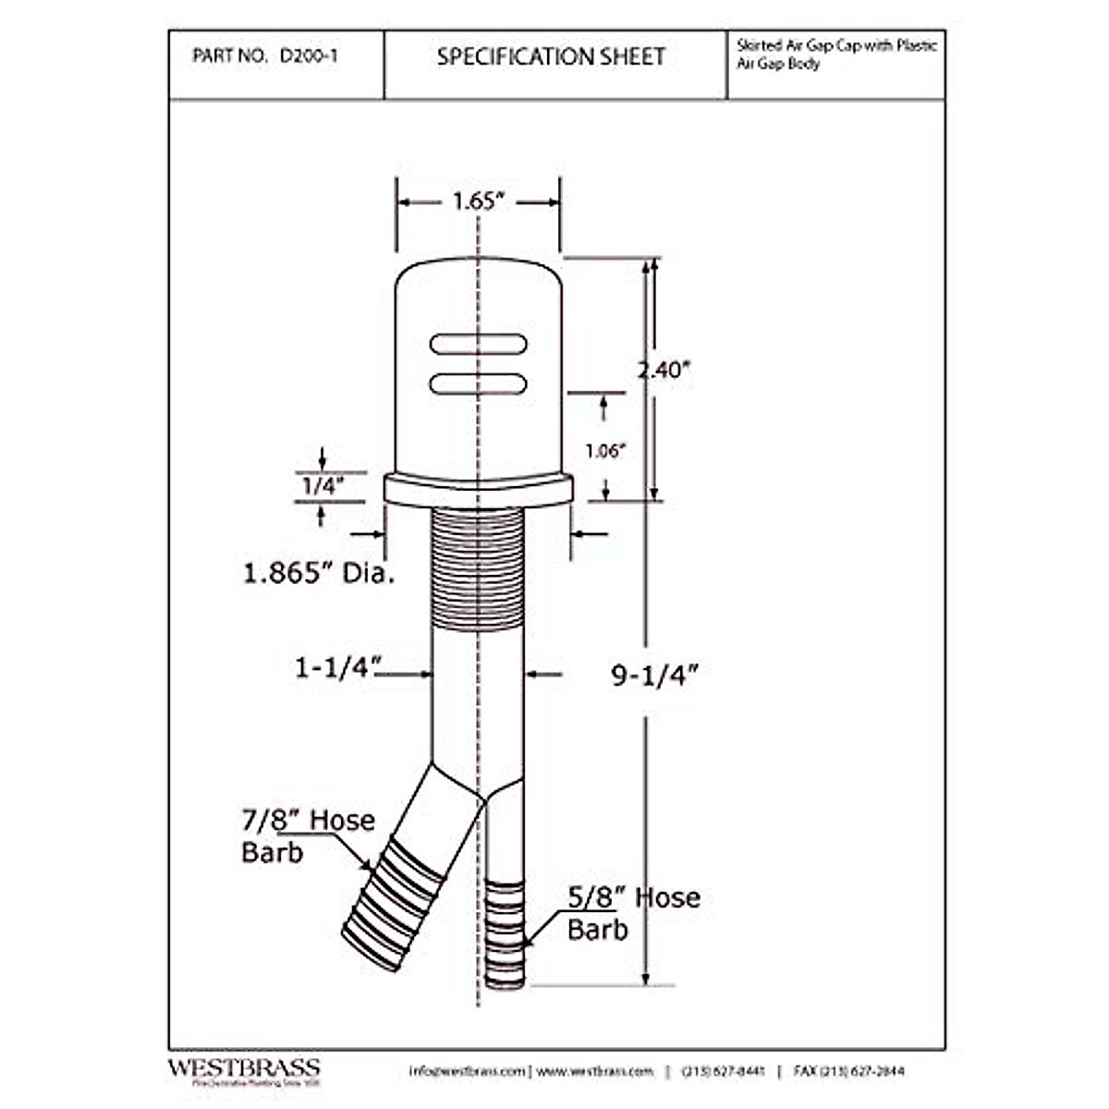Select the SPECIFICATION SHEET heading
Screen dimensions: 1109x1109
pos(551,57)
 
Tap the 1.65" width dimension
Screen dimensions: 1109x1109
pos(477,201)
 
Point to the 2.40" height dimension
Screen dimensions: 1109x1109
pos(664,370)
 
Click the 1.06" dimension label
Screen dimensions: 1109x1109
pos(606,451)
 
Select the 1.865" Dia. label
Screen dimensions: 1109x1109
pos(319,573)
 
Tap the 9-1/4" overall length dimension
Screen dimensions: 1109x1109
pos(652,676)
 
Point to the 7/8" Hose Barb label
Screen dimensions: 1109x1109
pos(308,835)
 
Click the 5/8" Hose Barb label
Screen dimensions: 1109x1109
pos(633,913)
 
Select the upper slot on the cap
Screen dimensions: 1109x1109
pos(479,344)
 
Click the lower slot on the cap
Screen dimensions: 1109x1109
pos(479,382)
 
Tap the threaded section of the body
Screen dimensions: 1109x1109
pos(478,568)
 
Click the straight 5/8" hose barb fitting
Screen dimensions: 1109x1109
pos(505,933)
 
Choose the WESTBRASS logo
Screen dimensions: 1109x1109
pos(244,1069)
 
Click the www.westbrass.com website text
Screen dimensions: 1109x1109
pos(594,1071)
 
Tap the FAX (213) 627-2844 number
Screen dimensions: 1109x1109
pos(850,1071)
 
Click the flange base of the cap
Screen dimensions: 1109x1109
pos(478,489)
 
